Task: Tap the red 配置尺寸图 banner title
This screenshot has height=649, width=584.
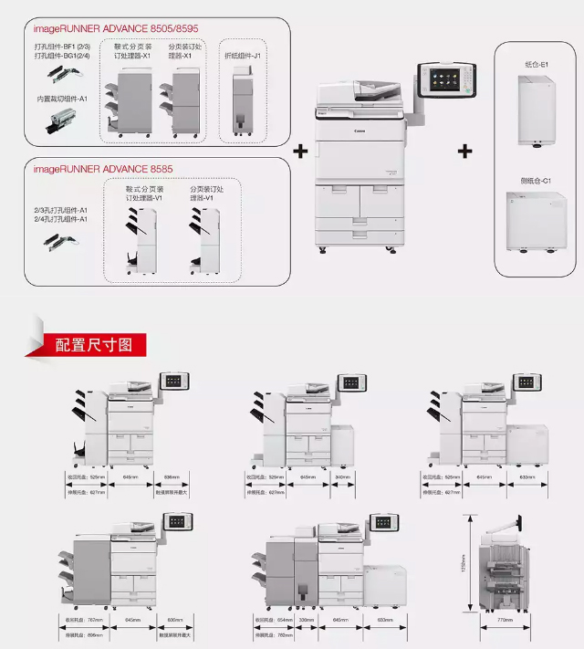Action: point(94,344)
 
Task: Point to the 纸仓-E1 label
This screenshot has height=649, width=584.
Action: point(535,66)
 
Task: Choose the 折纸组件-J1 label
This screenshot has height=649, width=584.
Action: point(244,57)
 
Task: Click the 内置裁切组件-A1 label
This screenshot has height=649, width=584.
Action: point(62,99)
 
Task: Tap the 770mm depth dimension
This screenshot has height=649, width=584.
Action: point(503,620)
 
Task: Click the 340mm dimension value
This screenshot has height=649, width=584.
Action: point(343,476)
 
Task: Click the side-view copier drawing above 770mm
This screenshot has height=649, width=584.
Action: point(503,566)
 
